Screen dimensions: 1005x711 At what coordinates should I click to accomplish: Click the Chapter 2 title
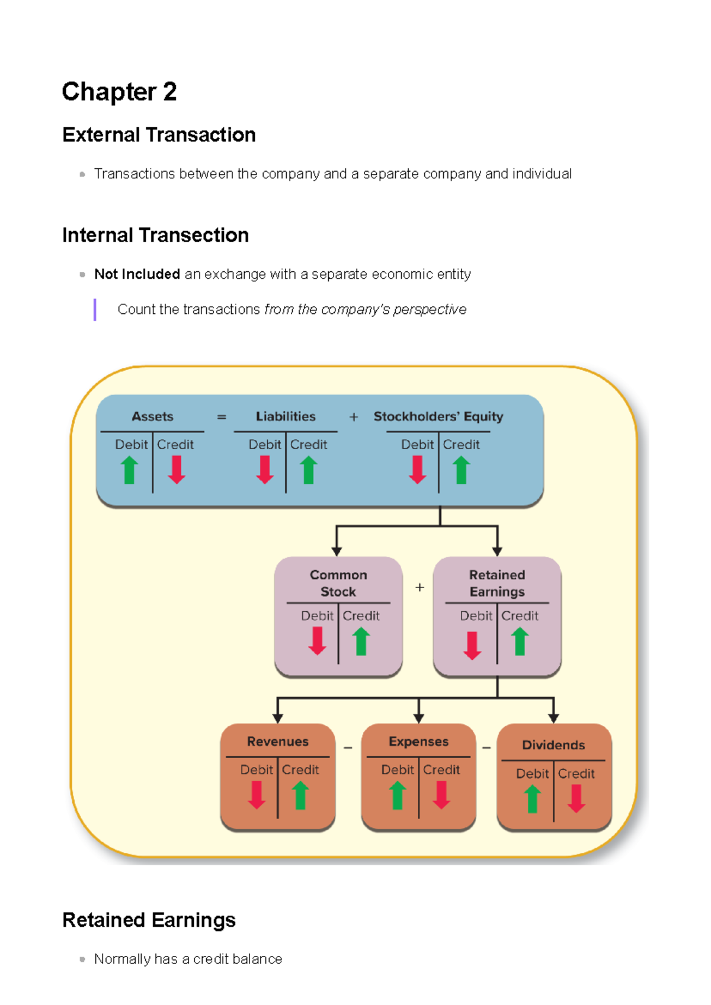[x=119, y=92]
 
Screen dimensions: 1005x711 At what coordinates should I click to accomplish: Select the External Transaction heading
[x=159, y=135]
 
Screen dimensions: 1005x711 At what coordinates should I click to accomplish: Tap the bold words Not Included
[x=137, y=274]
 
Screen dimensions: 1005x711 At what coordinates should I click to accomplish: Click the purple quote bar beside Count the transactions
[x=95, y=310]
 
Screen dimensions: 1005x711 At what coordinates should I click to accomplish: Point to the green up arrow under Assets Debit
[x=130, y=470]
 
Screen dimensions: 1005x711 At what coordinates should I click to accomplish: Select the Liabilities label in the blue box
[x=286, y=416]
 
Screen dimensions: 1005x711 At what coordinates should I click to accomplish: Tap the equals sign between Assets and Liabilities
[x=222, y=417]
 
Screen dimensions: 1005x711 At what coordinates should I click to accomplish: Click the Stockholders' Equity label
[x=438, y=416]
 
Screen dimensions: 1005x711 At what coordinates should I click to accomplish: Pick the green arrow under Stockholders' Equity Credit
[x=462, y=470]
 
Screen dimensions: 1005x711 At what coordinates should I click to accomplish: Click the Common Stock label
[x=338, y=583]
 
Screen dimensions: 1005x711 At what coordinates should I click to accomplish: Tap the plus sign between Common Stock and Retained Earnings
[x=419, y=587]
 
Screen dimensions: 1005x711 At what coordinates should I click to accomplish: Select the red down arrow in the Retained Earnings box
[x=472, y=645]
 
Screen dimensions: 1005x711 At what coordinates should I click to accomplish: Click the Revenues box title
[x=278, y=741]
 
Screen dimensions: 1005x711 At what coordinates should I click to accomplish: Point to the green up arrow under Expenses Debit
[x=398, y=795]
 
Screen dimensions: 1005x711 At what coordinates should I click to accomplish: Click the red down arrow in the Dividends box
[x=577, y=799]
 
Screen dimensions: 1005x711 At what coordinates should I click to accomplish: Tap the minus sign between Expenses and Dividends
[x=486, y=748]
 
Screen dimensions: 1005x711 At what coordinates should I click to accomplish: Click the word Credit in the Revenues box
[x=300, y=770]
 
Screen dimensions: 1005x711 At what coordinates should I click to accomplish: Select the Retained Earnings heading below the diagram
[x=149, y=920]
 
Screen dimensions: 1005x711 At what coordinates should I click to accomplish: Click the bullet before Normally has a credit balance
[x=82, y=959]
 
